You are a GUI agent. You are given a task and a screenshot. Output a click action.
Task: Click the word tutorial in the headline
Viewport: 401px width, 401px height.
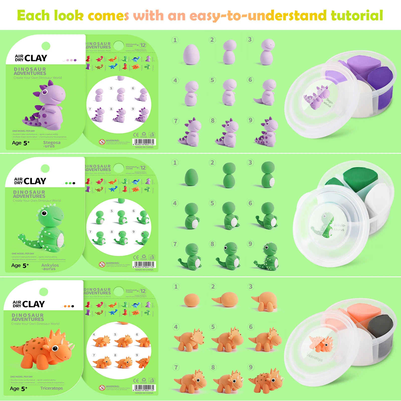coord(357,16)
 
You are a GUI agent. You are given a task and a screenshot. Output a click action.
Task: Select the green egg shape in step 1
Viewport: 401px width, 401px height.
coord(191,177)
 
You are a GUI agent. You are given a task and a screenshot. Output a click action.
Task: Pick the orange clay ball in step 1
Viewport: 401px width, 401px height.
coord(192,300)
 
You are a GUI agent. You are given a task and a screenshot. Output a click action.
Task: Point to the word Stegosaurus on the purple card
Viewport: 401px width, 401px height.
coord(51,144)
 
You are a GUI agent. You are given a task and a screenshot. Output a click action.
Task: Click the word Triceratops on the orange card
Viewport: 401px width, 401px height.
coord(51,388)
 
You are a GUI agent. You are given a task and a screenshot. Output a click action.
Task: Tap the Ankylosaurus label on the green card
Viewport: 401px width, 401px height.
coord(50,267)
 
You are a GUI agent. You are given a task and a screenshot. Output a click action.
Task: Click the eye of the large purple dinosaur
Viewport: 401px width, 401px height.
coord(45,92)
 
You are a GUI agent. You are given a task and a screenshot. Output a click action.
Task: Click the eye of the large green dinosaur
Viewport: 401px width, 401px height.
coord(44,213)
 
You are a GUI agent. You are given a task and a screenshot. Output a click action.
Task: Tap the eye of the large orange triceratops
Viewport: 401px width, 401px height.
coord(55,348)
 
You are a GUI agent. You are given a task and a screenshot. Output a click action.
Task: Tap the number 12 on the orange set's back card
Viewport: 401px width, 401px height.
coord(143,291)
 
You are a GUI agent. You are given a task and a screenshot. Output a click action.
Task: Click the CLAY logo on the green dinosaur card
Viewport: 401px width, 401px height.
coord(35,181)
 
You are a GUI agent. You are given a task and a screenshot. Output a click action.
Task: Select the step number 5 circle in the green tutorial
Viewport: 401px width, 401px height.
coord(212,203)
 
